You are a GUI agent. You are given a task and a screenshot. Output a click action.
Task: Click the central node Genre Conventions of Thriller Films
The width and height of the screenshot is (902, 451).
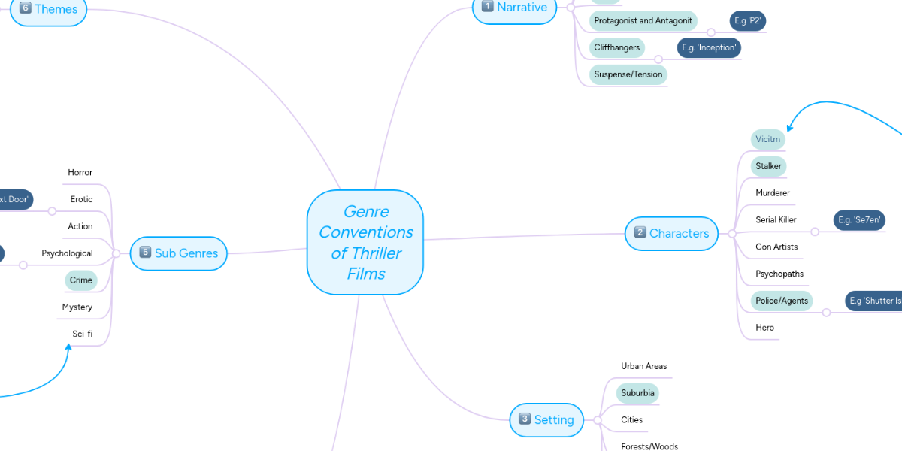pyautogui.click(x=365, y=242)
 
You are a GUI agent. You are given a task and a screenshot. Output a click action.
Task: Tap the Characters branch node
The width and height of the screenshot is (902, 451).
pyautogui.click(x=671, y=233)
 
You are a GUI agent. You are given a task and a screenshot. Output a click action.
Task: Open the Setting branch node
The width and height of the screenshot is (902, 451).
pyautogui.click(x=546, y=419)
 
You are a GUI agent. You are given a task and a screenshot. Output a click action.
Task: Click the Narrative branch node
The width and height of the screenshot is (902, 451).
pyautogui.click(x=514, y=8)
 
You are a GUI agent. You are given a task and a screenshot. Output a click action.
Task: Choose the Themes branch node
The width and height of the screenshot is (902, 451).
pyautogui.click(x=48, y=10)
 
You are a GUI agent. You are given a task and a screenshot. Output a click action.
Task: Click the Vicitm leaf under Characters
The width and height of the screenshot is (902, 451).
pyautogui.click(x=767, y=139)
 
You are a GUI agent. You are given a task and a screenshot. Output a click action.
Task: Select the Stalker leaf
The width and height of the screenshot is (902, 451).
pyautogui.click(x=768, y=166)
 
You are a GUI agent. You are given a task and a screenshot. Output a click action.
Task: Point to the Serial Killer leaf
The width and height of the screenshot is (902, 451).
pyautogui.click(x=776, y=220)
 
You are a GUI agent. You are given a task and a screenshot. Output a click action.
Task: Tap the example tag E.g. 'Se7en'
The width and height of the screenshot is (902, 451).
pyautogui.click(x=859, y=220)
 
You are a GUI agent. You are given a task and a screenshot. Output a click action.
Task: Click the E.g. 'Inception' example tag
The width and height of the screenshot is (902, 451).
pyautogui.click(x=709, y=48)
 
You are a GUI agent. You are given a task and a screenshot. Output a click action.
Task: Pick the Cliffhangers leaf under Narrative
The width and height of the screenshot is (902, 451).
pyautogui.click(x=616, y=48)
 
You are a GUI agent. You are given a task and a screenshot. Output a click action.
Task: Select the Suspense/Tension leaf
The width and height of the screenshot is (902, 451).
pyautogui.click(x=628, y=74)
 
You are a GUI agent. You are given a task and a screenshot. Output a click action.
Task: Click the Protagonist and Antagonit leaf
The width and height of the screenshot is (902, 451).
pyautogui.click(x=643, y=21)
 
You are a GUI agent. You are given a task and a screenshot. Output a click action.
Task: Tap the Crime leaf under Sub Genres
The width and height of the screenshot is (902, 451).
pyautogui.click(x=80, y=280)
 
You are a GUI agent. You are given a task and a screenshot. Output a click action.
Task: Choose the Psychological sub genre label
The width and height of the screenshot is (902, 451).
pyautogui.click(x=67, y=253)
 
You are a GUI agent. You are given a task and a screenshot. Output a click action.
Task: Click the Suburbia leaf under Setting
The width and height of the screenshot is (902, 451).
pyautogui.click(x=637, y=393)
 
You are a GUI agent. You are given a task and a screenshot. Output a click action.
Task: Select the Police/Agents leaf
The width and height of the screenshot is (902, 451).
pyautogui.click(x=782, y=301)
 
